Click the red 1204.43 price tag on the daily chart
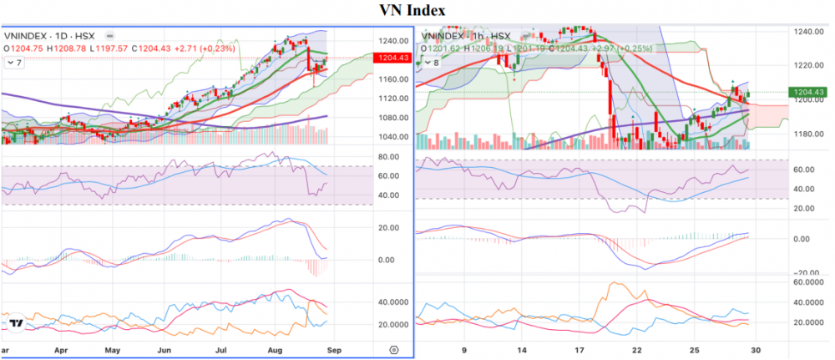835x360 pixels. (393, 58)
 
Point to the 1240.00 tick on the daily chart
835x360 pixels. (391, 40)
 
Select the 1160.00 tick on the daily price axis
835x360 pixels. (391, 79)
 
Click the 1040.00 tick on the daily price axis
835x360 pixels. (391, 137)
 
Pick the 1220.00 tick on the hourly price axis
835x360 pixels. (806, 65)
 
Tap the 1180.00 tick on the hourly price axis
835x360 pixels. (806, 134)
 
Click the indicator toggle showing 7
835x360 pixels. (15, 63)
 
